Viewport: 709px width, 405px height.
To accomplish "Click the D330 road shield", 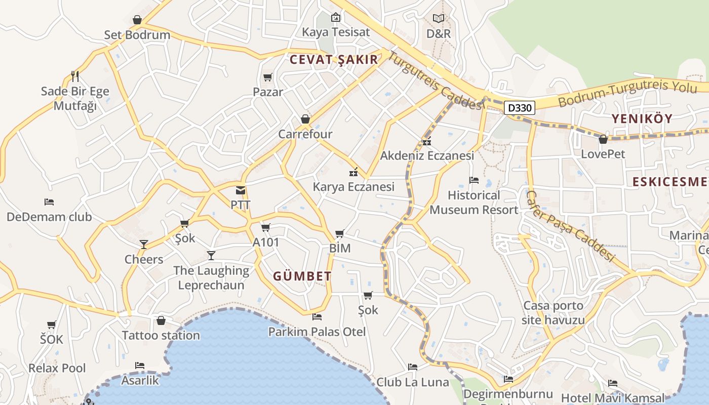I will click(520, 107).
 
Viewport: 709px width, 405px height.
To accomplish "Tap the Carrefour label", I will click(305, 134).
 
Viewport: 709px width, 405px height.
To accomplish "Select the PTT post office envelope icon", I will click(241, 191).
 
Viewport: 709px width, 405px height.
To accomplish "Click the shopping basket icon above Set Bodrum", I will click(137, 20).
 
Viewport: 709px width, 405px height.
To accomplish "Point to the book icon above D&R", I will click(439, 19).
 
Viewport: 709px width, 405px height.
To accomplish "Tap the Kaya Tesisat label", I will click(336, 32).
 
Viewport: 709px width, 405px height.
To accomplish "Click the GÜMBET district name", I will click(302, 276).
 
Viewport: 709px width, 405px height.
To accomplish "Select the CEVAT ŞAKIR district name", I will click(334, 60).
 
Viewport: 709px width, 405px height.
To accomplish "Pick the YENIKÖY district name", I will click(642, 119).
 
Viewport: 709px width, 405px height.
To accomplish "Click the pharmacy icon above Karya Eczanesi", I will click(353, 173).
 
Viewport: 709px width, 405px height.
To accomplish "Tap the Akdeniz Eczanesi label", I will click(427, 155).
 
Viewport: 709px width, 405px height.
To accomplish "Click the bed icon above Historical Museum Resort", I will click(474, 180).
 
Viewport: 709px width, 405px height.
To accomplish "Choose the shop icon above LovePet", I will click(603, 139).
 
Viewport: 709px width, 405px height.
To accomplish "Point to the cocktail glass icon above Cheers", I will click(144, 245).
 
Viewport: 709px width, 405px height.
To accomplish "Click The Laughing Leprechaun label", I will click(211, 278).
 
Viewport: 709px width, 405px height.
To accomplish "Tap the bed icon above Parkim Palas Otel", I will click(317, 317).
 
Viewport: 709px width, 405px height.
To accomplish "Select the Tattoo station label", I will click(161, 335).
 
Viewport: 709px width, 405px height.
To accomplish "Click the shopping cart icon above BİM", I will click(340, 233).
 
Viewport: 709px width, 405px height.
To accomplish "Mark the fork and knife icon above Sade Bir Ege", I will click(75, 76).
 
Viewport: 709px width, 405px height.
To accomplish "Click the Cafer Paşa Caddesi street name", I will click(570, 226).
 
